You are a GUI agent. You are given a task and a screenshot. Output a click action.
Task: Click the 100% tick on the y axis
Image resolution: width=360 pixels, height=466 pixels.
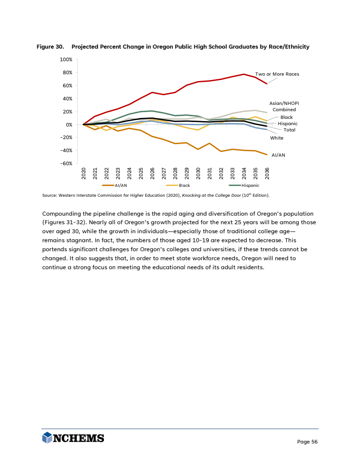tap(66, 59)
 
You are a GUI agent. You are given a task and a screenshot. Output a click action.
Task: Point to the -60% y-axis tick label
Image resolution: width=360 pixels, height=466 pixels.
tap(66, 163)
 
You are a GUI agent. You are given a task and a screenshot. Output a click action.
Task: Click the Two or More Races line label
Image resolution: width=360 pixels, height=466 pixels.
tap(277, 74)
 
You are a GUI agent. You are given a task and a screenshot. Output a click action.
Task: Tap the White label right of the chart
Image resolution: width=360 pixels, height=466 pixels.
tap(276, 138)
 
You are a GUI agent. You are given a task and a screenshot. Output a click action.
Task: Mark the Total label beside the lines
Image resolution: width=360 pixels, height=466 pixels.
tap(289, 130)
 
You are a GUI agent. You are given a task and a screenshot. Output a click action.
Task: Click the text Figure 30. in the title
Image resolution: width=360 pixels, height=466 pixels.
tap(50, 47)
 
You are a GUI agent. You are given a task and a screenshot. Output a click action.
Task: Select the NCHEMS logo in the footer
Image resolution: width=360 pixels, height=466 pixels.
tap(73, 438)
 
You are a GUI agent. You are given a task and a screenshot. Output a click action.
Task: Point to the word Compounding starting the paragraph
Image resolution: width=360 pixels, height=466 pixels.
tap(61, 213)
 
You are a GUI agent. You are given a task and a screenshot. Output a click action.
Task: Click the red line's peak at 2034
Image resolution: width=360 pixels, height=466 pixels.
tap(244, 74)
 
